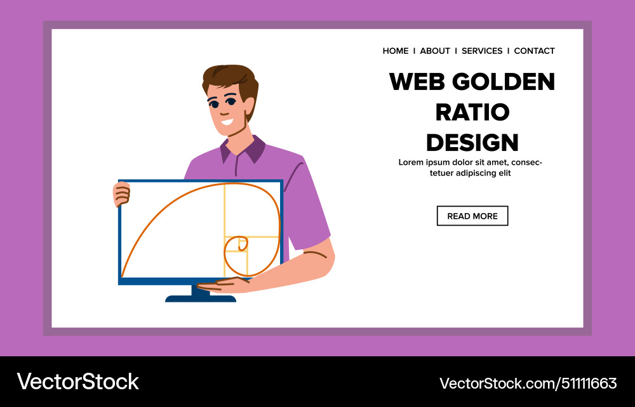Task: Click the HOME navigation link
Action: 396,51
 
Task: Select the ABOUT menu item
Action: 435,51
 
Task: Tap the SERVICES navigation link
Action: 482,51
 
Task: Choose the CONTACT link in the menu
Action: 534,51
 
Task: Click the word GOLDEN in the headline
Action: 502,82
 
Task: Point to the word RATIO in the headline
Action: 472,112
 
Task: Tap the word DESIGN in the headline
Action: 472,143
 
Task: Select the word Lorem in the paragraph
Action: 411,162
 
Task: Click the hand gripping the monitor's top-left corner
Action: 121,193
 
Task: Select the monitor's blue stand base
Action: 200,297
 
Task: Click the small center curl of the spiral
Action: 242,244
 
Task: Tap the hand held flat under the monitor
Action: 222,285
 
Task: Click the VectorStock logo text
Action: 77,382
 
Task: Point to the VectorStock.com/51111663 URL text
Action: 528,383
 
